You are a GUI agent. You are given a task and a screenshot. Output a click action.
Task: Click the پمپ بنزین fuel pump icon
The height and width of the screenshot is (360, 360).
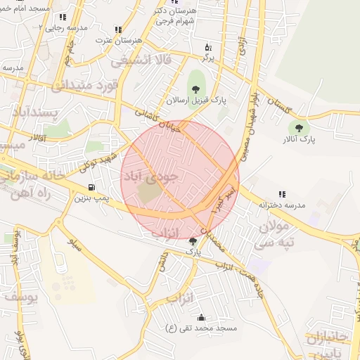point(91,187)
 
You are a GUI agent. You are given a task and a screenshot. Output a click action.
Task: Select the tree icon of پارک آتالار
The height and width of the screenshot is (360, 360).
point(300,128)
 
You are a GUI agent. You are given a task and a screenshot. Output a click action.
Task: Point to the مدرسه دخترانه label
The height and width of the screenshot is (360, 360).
point(281,205)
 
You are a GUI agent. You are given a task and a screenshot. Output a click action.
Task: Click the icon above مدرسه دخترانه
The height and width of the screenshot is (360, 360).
point(281,194)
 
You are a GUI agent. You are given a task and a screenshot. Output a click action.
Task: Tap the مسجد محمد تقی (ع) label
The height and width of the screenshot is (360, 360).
point(201,328)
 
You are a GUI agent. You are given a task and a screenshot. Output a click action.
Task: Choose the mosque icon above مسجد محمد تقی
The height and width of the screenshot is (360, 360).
point(202,317)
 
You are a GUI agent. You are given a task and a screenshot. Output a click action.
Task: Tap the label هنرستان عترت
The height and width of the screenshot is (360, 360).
point(115,41)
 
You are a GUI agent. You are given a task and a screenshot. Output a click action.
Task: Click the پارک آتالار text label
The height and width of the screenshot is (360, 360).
point(300,139)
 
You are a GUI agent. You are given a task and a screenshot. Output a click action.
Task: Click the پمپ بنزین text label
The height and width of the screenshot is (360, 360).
point(93,198)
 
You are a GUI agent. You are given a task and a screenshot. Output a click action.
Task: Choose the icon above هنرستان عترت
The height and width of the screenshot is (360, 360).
point(117,30)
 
